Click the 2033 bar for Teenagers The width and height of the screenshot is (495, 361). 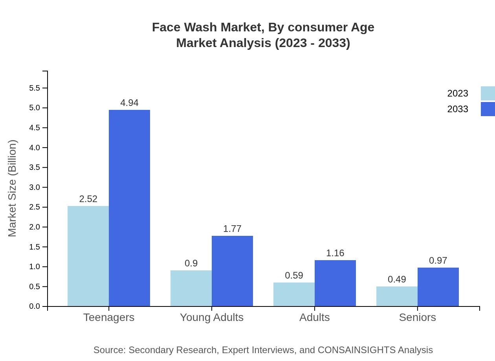(129, 208)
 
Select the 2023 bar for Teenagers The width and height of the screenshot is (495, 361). (88, 256)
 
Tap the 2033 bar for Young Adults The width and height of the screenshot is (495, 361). (232, 271)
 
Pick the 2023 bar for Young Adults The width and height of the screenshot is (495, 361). (191, 288)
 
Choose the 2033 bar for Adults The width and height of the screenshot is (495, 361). (335, 283)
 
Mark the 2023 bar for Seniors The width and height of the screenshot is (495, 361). (397, 296)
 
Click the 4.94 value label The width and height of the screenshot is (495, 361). (129, 103)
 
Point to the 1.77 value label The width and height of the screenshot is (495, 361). (232, 229)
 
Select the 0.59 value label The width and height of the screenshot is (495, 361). (294, 275)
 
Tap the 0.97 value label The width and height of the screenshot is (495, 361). (438, 261)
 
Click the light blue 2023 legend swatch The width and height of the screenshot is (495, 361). (488, 93)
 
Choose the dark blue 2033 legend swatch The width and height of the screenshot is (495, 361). (488, 109)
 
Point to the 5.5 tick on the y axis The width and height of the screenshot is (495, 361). (35, 88)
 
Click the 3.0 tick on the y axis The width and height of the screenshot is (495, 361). (35, 187)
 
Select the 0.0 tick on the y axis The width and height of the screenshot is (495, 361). (35, 306)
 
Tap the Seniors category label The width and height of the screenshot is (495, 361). (417, 317)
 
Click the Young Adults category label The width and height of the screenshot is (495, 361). (211, 317)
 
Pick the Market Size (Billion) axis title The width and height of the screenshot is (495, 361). (13, 188)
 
